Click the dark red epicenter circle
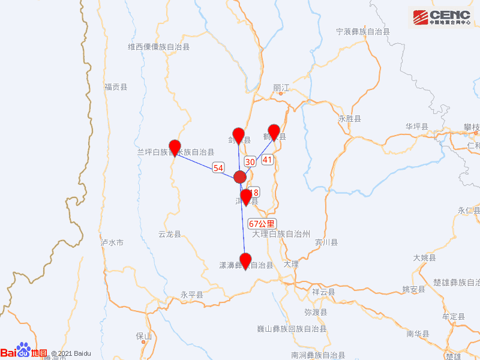point(240,176)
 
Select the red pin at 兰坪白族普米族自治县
point(175,146)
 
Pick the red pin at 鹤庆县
point(274,131)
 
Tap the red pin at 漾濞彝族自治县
point(245,260)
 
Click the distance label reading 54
point(218,169)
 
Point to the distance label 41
point(268,160)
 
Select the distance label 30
point(250,161)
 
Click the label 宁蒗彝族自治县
point(363,31)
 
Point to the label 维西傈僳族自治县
point(159,46)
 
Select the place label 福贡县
point(116,87)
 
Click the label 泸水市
point(112,243)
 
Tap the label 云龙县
point(169,234)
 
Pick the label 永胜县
point(350,119)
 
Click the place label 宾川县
point(326,242)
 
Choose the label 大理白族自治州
point(281,233)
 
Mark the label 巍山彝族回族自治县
point(292,329)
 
